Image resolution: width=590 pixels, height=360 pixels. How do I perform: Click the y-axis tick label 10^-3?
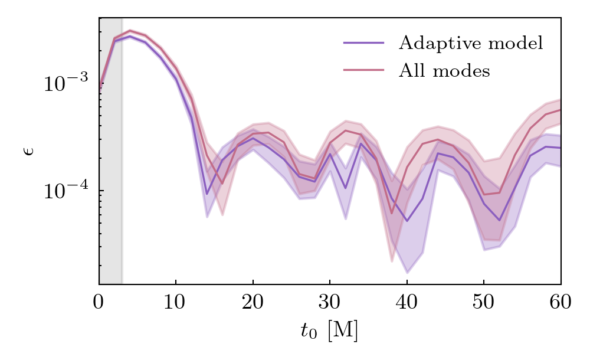[65, 83]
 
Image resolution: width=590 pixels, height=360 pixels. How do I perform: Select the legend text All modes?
[444, 71]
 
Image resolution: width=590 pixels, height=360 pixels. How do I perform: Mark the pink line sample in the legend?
[363, 71]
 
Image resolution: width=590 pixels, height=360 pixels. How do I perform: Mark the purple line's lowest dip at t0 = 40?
[407, 221]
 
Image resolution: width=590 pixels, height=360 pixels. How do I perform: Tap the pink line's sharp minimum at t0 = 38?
[392, 213]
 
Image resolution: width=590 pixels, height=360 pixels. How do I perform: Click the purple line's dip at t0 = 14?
[207, 194]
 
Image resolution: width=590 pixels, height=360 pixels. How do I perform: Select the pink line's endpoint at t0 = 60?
[560, 110]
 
